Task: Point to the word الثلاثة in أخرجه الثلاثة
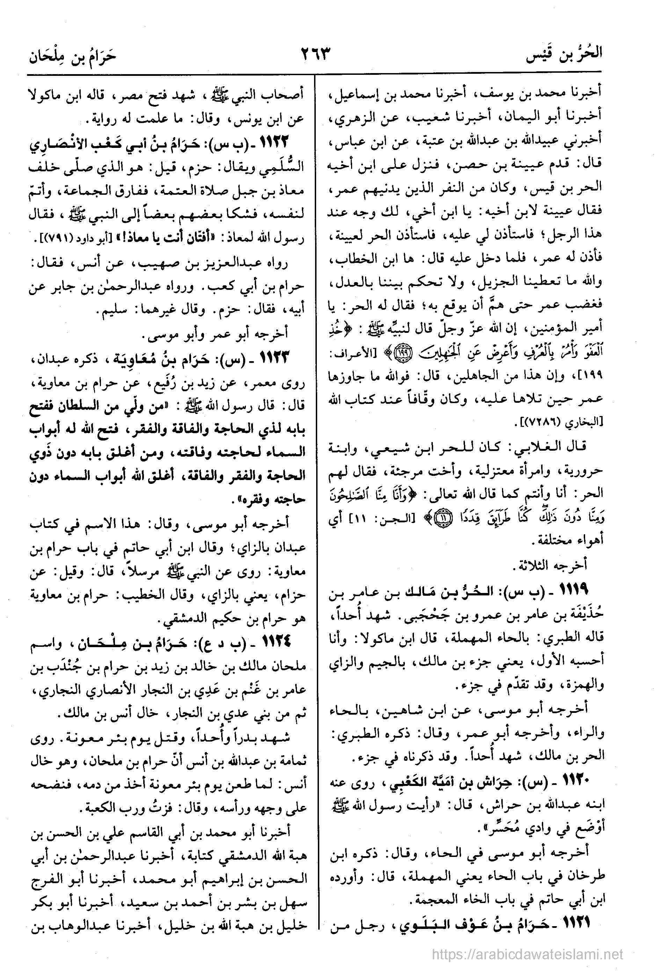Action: click(531, 565)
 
